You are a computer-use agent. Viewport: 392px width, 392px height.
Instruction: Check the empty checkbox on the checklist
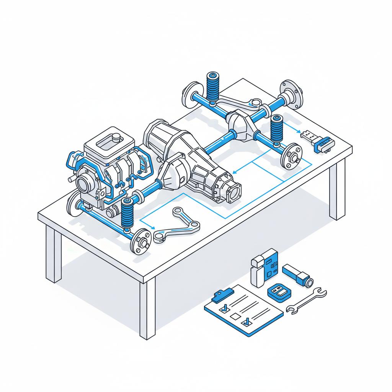click(234, 316)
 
